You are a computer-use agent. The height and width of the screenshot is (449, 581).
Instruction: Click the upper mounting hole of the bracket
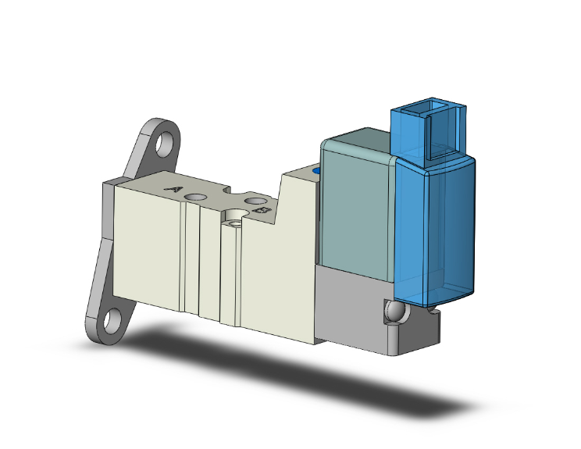166,144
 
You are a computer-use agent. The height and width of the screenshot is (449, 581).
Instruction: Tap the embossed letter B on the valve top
262,211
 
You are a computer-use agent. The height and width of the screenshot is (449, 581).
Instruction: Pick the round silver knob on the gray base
394,312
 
